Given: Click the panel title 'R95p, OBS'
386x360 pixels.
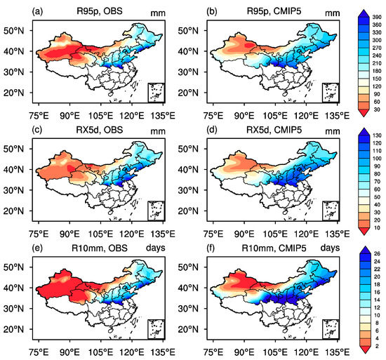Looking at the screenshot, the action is click(x=100, y=11).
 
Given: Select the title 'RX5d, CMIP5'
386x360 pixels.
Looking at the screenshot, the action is click(x=274, y=130).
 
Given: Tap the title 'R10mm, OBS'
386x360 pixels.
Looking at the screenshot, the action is click(x=100, y=248).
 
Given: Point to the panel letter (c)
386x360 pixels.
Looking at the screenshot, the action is click(x=37, y=130).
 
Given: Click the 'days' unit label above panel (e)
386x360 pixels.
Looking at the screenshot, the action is click(x=156, y=248).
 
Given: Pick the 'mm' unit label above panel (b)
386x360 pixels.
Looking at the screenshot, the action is click(x=333, y=13).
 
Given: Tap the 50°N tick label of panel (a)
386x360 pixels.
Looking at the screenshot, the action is click(x=14, y=31).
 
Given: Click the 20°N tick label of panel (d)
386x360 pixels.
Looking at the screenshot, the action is click(x=188, y=211).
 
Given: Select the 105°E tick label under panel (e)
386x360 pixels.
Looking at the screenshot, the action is click(x=100, y=352).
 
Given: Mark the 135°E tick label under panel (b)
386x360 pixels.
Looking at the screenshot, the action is click(x=337, y=116).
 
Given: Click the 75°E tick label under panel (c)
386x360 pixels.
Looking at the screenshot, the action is click(x=39, y=234).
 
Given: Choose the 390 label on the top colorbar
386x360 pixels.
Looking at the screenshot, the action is click(x=377, y=18).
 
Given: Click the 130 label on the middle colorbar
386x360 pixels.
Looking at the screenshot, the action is click(x=377, y=135).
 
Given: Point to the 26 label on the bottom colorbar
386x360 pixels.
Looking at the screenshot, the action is click(x=377, y=254).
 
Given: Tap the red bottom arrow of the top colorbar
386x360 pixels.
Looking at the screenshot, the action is click(x=364, y=113).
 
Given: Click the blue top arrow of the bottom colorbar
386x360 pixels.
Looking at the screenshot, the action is click(x=364, y=250).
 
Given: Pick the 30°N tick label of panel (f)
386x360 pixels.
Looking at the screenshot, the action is click(x=188, y=309).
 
